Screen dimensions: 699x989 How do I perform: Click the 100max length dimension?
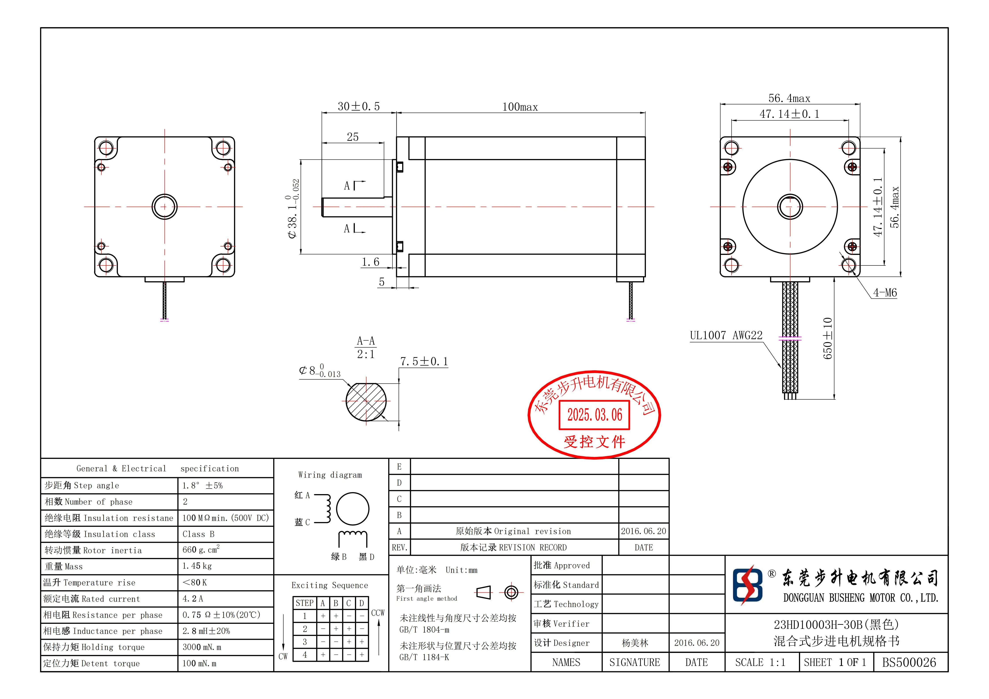click(x=520, y=107)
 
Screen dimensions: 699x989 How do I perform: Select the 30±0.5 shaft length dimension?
click(x=358, y=106)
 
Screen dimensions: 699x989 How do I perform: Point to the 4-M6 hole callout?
click(x=885, y=293)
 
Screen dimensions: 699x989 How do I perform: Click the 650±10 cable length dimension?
click(x=827, y=338)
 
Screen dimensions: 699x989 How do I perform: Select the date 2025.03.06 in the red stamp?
click(x=594, y=415)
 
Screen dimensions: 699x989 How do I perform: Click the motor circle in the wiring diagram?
click(x=352, y=509)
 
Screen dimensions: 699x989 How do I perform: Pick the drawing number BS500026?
click(x=909, y=662)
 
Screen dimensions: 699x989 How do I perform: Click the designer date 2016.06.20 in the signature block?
click(x=697, y=643)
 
